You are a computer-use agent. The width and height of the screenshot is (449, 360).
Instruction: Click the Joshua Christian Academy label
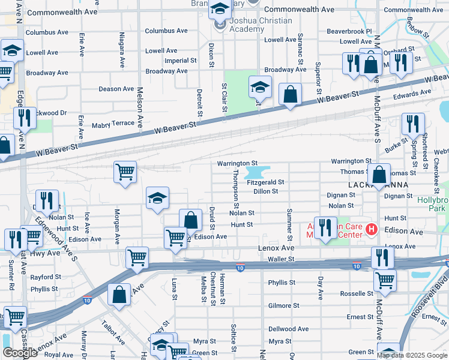coord(259,25)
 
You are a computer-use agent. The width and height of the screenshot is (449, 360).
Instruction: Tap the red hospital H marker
coord(372,229)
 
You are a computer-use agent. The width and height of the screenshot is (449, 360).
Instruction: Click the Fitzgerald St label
coord(265,182)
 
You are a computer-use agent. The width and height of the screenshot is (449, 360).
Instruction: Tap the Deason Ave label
coord(116,89)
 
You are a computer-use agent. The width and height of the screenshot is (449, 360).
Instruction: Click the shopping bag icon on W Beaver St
coord(290,94)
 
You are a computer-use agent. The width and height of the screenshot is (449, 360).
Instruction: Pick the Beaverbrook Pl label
coord(349,31)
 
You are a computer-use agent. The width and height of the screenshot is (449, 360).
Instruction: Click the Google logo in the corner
coord(20,353)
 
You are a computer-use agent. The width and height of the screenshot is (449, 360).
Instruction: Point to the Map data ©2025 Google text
coord(412,355)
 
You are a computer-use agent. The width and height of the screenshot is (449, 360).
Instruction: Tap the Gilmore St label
coord(283,305)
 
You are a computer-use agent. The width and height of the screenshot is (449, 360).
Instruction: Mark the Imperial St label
coord(181,61)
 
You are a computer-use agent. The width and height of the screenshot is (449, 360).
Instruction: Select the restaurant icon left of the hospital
coord(325,227)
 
